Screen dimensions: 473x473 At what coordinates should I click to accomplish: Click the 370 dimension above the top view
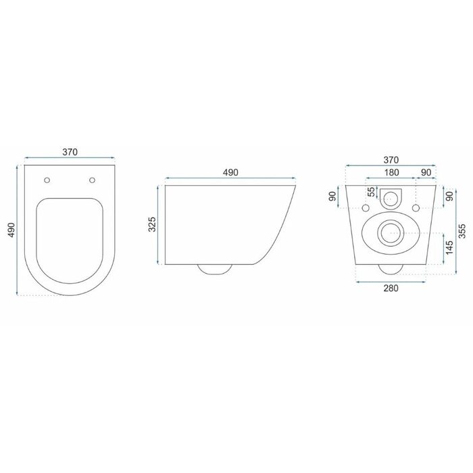click(x=70, y=152)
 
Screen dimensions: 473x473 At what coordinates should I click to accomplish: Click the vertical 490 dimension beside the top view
click(x=11, y=230)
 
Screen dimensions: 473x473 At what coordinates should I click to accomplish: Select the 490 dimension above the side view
click(x=230, y=172)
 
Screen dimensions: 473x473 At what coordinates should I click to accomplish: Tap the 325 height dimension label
click(x=153, y=224)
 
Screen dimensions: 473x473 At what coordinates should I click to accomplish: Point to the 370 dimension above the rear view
click(x=391, y=160)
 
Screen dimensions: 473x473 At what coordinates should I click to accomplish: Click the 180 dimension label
click(x=391, y=172)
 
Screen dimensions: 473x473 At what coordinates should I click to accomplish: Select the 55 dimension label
click(x=372, y=191)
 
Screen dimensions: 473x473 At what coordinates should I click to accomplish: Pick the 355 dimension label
click(x=462, y=231)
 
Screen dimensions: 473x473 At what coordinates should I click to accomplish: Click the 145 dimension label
click(x=449, y=248)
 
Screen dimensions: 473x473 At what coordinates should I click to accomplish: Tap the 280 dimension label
click(x=391, y=289)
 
